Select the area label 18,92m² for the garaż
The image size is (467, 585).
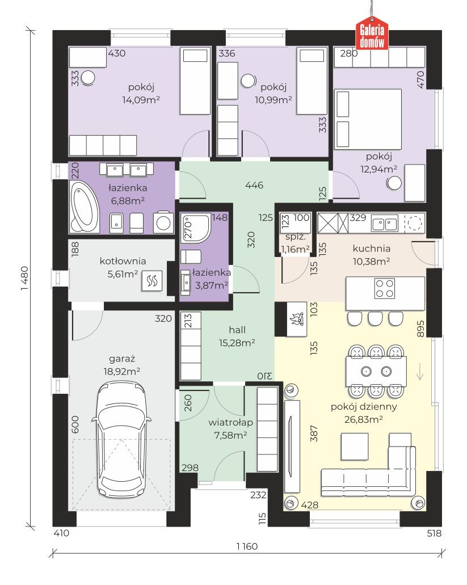point(122,371)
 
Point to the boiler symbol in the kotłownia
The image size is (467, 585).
point(152,281)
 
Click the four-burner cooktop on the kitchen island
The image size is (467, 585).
point(385,288)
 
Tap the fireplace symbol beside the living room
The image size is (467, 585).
point(297,319)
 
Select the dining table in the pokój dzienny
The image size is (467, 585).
point(376,371)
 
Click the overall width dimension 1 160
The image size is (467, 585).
point(247,546)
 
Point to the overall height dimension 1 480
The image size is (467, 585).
point(24,279)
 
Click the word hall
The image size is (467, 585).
point(237,330)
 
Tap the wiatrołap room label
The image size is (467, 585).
point(230,423)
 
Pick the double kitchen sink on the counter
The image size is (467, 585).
point(385,224)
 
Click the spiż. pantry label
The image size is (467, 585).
point(296,237)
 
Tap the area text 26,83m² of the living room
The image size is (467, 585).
point(363,419)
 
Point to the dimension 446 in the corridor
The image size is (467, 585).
point(254,185)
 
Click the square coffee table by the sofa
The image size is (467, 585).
point(354,447)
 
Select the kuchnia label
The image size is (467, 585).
point(372,249)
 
